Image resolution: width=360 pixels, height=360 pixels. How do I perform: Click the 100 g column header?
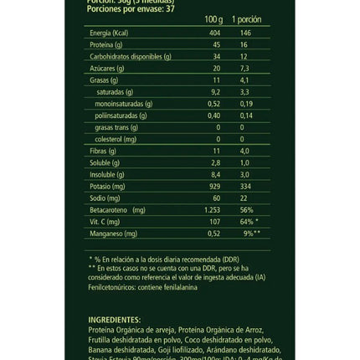[213, 18]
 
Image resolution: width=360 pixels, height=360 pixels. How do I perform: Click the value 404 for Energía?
[213, 33]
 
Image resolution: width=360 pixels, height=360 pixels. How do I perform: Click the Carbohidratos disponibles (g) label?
[130, 56]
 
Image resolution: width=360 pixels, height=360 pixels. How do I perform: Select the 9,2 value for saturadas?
[213, 91]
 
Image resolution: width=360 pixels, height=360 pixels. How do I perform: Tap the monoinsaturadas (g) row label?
[125, 103]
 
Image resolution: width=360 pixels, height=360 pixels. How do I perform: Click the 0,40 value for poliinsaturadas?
[213, 115]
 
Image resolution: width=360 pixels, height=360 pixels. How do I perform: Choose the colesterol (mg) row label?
[116, 138]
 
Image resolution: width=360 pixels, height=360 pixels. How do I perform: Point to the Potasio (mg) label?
[107, 185]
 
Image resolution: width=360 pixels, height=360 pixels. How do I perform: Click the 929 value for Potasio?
[213, 185]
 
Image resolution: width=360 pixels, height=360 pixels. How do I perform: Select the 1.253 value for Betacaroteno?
[213, 209]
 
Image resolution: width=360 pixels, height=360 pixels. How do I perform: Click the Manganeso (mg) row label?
[113, 233]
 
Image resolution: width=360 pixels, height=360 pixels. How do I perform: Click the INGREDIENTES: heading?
[115, 319]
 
